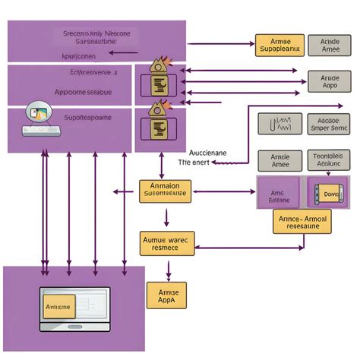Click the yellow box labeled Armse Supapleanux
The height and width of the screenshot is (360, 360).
pyautogui.click(x=279, y=45)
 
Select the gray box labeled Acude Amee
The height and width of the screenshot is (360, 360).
pyautogui.click(x=330, y=45)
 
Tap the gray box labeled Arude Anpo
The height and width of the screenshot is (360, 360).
pyautogui.click(x=330, y=81)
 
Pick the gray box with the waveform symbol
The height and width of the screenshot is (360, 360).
pyautogui.click(x=279, y=124)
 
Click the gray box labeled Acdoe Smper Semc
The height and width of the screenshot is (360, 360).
pyautogui.click(x=330, y=124)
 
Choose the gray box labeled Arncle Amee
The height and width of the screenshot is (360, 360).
pyautogui.click(x=279, y=160)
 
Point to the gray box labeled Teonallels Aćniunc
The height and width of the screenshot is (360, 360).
pyautogui.click(x=330, y=160)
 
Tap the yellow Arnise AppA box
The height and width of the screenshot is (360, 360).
pyautogui.click(x=166, y=295)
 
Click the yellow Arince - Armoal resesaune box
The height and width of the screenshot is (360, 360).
pyautogui.click(x=302, y=221)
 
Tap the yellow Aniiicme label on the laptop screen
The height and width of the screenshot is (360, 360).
pyautogui.click(x=58, y=306)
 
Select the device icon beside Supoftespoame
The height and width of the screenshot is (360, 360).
pyautogui.click(x=39, y=117)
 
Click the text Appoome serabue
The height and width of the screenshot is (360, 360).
pyautogui.click(x=83, y=92)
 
